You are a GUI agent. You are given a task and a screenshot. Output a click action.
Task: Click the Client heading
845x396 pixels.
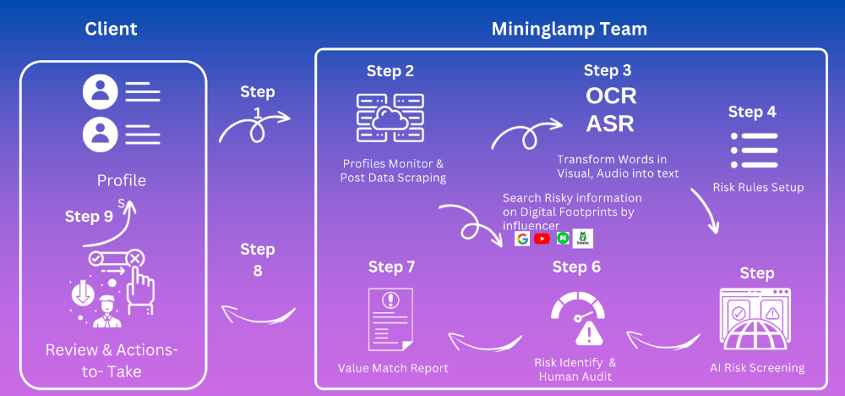point(111,29)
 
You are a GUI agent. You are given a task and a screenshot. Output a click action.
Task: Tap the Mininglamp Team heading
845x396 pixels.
point(570,29)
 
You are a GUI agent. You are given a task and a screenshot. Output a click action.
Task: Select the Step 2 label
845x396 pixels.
point(390,71)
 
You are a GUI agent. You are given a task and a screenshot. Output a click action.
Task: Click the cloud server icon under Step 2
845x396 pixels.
point(390,118)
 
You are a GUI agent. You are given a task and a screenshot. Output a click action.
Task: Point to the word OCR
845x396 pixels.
point(611,96)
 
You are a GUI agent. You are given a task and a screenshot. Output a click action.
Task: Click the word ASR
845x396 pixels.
point(611,124)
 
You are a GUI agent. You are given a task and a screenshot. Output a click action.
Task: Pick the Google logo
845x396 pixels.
point(522,239)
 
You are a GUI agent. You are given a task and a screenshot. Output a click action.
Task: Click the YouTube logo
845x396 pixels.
point(542,239)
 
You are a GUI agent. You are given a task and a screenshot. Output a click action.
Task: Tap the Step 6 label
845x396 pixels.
point(576,267)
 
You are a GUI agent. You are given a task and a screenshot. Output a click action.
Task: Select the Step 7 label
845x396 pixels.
point(391,267)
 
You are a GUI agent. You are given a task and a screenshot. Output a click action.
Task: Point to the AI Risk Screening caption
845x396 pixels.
point(756,368)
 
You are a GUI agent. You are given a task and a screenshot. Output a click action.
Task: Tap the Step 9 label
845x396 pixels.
point(89,217)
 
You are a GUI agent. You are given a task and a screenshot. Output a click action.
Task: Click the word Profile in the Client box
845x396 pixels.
point(121,180)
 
